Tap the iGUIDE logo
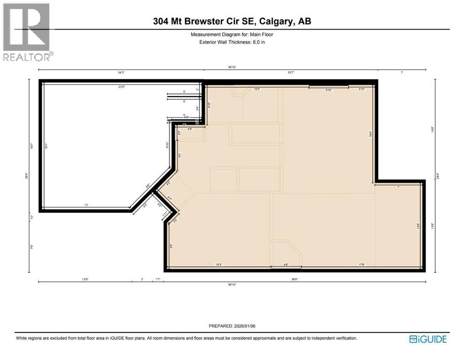(x=428, y=339)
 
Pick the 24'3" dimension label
(x=121, y=72)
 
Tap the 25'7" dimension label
(x=291, y=72)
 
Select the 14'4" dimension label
(x=370, y=133)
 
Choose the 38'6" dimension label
(x=294, y=279)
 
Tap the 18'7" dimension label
(x=45, y=145)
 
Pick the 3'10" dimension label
(x=362, y=89)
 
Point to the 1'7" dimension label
(x=157, y=279)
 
